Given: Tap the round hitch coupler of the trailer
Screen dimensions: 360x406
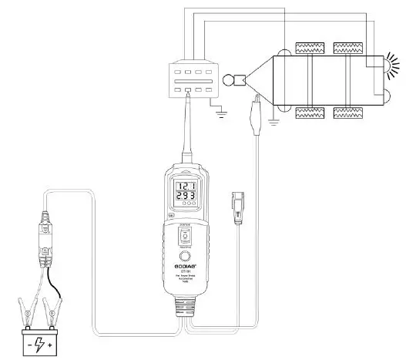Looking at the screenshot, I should [x=229, y=79].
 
